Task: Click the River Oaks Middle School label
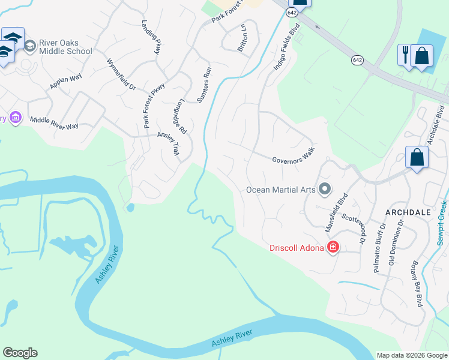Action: pos(65,47)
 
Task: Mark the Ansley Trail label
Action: pos(168,144)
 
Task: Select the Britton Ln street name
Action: pos(243,41)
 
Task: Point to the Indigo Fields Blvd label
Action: pos(286,47)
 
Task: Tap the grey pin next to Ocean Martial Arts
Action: pos(325,190)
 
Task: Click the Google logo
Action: pos(20,353)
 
